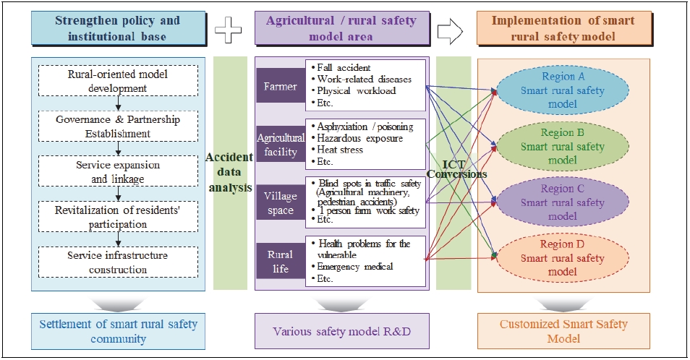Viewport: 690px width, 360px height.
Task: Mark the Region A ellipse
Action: click(x=562, y=90)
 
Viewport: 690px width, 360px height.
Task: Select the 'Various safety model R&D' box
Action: click(x=342, y=331)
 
